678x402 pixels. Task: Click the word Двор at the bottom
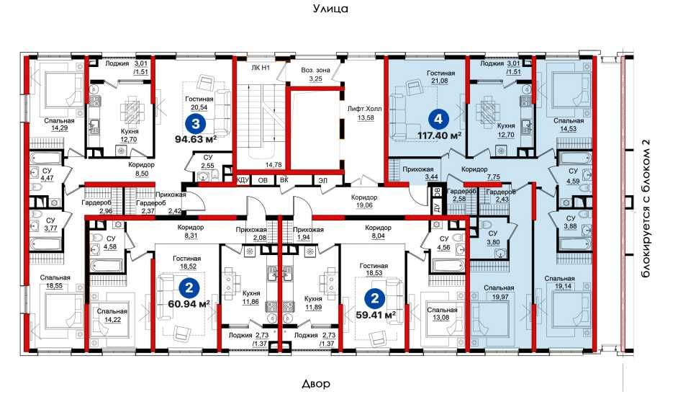click(x=316, y=383)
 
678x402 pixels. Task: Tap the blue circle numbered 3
click(x=196, y=124)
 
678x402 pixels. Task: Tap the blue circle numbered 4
click(x=438, y=119)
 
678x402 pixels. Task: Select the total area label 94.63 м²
click(x=196, y=139)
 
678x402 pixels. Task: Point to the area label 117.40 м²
click(x=439, y=135)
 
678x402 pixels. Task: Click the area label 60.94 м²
click(x=189, y=304)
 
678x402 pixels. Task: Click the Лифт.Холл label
click(x=364, y=109)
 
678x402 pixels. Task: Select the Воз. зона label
click(x=316, y=70)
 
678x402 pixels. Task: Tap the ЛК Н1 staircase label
click(x=261, y=68)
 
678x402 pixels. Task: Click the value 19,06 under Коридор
click(x=364, y=205)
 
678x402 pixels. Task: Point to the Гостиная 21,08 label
click(x=440, y=77)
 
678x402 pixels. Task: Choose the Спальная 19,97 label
click(x=499, y=292)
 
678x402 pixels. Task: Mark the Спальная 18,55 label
click(x=55, y=282)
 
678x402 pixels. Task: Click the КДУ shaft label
click(x=243, y=180)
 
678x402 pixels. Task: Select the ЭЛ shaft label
click(x=322, y=180)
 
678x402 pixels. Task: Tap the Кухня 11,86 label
click(x=251, y=297)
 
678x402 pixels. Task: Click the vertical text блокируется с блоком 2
click(x=646, y=209)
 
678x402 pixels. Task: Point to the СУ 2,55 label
click(x=207, y=161)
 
